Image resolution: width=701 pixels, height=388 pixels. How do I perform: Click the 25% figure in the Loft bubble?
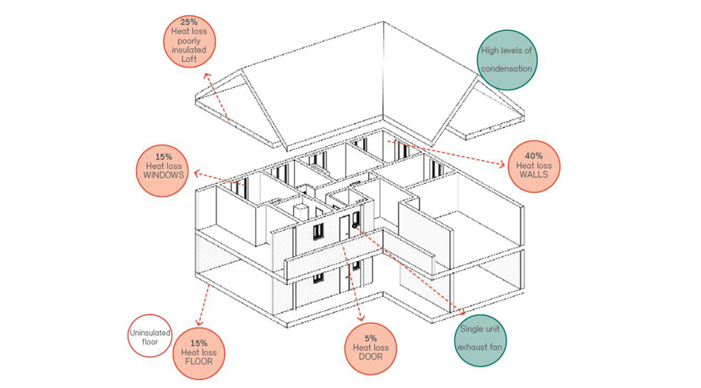[188, 21]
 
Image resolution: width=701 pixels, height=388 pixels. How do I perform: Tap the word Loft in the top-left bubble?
[188, 60]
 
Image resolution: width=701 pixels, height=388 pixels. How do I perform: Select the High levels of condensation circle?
[506, 60]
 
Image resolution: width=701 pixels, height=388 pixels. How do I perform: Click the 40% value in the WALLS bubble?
[533, 156]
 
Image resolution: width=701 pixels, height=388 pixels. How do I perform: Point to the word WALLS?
[533, 175]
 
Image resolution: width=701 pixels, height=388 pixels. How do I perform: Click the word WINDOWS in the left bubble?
[164, 175]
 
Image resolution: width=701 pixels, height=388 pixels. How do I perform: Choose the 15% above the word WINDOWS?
[164, 156]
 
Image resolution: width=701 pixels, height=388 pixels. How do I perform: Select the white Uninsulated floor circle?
[150, 336]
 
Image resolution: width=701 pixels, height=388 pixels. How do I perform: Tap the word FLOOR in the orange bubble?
[199, 362]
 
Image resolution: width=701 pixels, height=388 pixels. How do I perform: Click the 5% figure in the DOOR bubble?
[370, 338]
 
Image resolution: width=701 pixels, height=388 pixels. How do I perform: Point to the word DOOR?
[370, 357]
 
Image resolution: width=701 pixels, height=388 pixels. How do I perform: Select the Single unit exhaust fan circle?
[479, 338]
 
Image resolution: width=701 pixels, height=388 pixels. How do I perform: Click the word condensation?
[506, 69]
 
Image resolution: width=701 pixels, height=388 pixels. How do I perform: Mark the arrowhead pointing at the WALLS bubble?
[502, 165]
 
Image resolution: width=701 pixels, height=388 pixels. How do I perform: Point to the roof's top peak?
[383, 23]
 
